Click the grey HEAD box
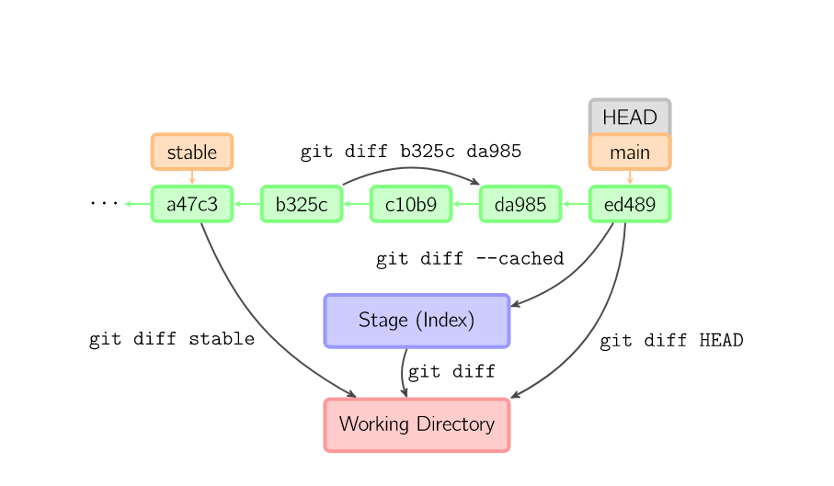point(630,117)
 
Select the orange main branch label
point(630,153)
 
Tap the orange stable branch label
point(192,153)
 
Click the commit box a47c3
point(192,204)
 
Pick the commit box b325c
point(302,204)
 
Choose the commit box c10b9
point(411,204)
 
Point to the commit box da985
point(520,204)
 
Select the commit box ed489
point(630,204)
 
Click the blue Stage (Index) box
point(417,321)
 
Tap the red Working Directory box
point(417,424)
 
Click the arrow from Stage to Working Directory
point(403,372)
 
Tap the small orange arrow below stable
point(192,177)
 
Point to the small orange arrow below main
point(630,177)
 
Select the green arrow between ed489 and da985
point(576,204)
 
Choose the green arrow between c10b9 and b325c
point(357,204)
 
